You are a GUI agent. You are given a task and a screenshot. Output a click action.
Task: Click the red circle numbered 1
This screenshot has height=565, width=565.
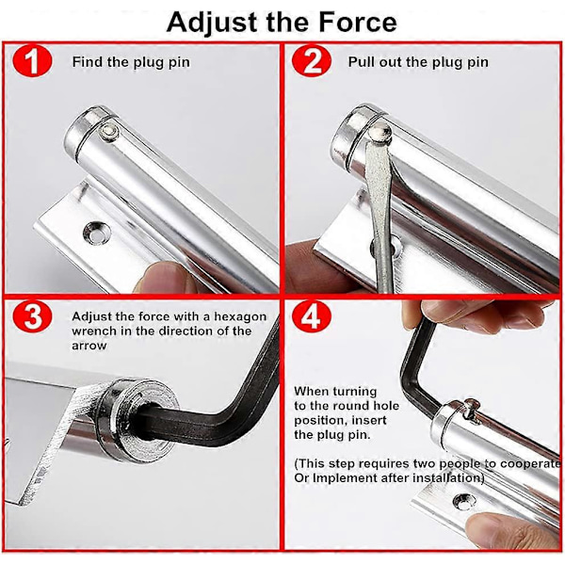point(32,60)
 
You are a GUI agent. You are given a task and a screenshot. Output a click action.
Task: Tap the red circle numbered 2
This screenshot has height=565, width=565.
point(312,60)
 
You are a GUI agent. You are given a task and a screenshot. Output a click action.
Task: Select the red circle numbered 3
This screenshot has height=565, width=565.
point(32,316)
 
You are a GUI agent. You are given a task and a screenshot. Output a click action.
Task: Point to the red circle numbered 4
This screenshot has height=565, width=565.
point(312,316)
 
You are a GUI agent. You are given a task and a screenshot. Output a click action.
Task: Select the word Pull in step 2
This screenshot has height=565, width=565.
point(360,61)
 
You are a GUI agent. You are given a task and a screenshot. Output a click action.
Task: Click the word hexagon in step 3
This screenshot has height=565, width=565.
point(240,316)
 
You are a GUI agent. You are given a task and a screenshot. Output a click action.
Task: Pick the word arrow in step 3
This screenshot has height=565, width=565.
point(89,346)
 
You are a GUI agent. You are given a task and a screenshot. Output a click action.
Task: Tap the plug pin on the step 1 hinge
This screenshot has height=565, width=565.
point(109,132)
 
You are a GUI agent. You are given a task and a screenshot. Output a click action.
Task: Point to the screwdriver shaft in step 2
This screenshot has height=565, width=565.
point(379,217)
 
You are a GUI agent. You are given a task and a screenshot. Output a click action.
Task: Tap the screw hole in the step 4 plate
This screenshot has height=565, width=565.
point(464,502)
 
